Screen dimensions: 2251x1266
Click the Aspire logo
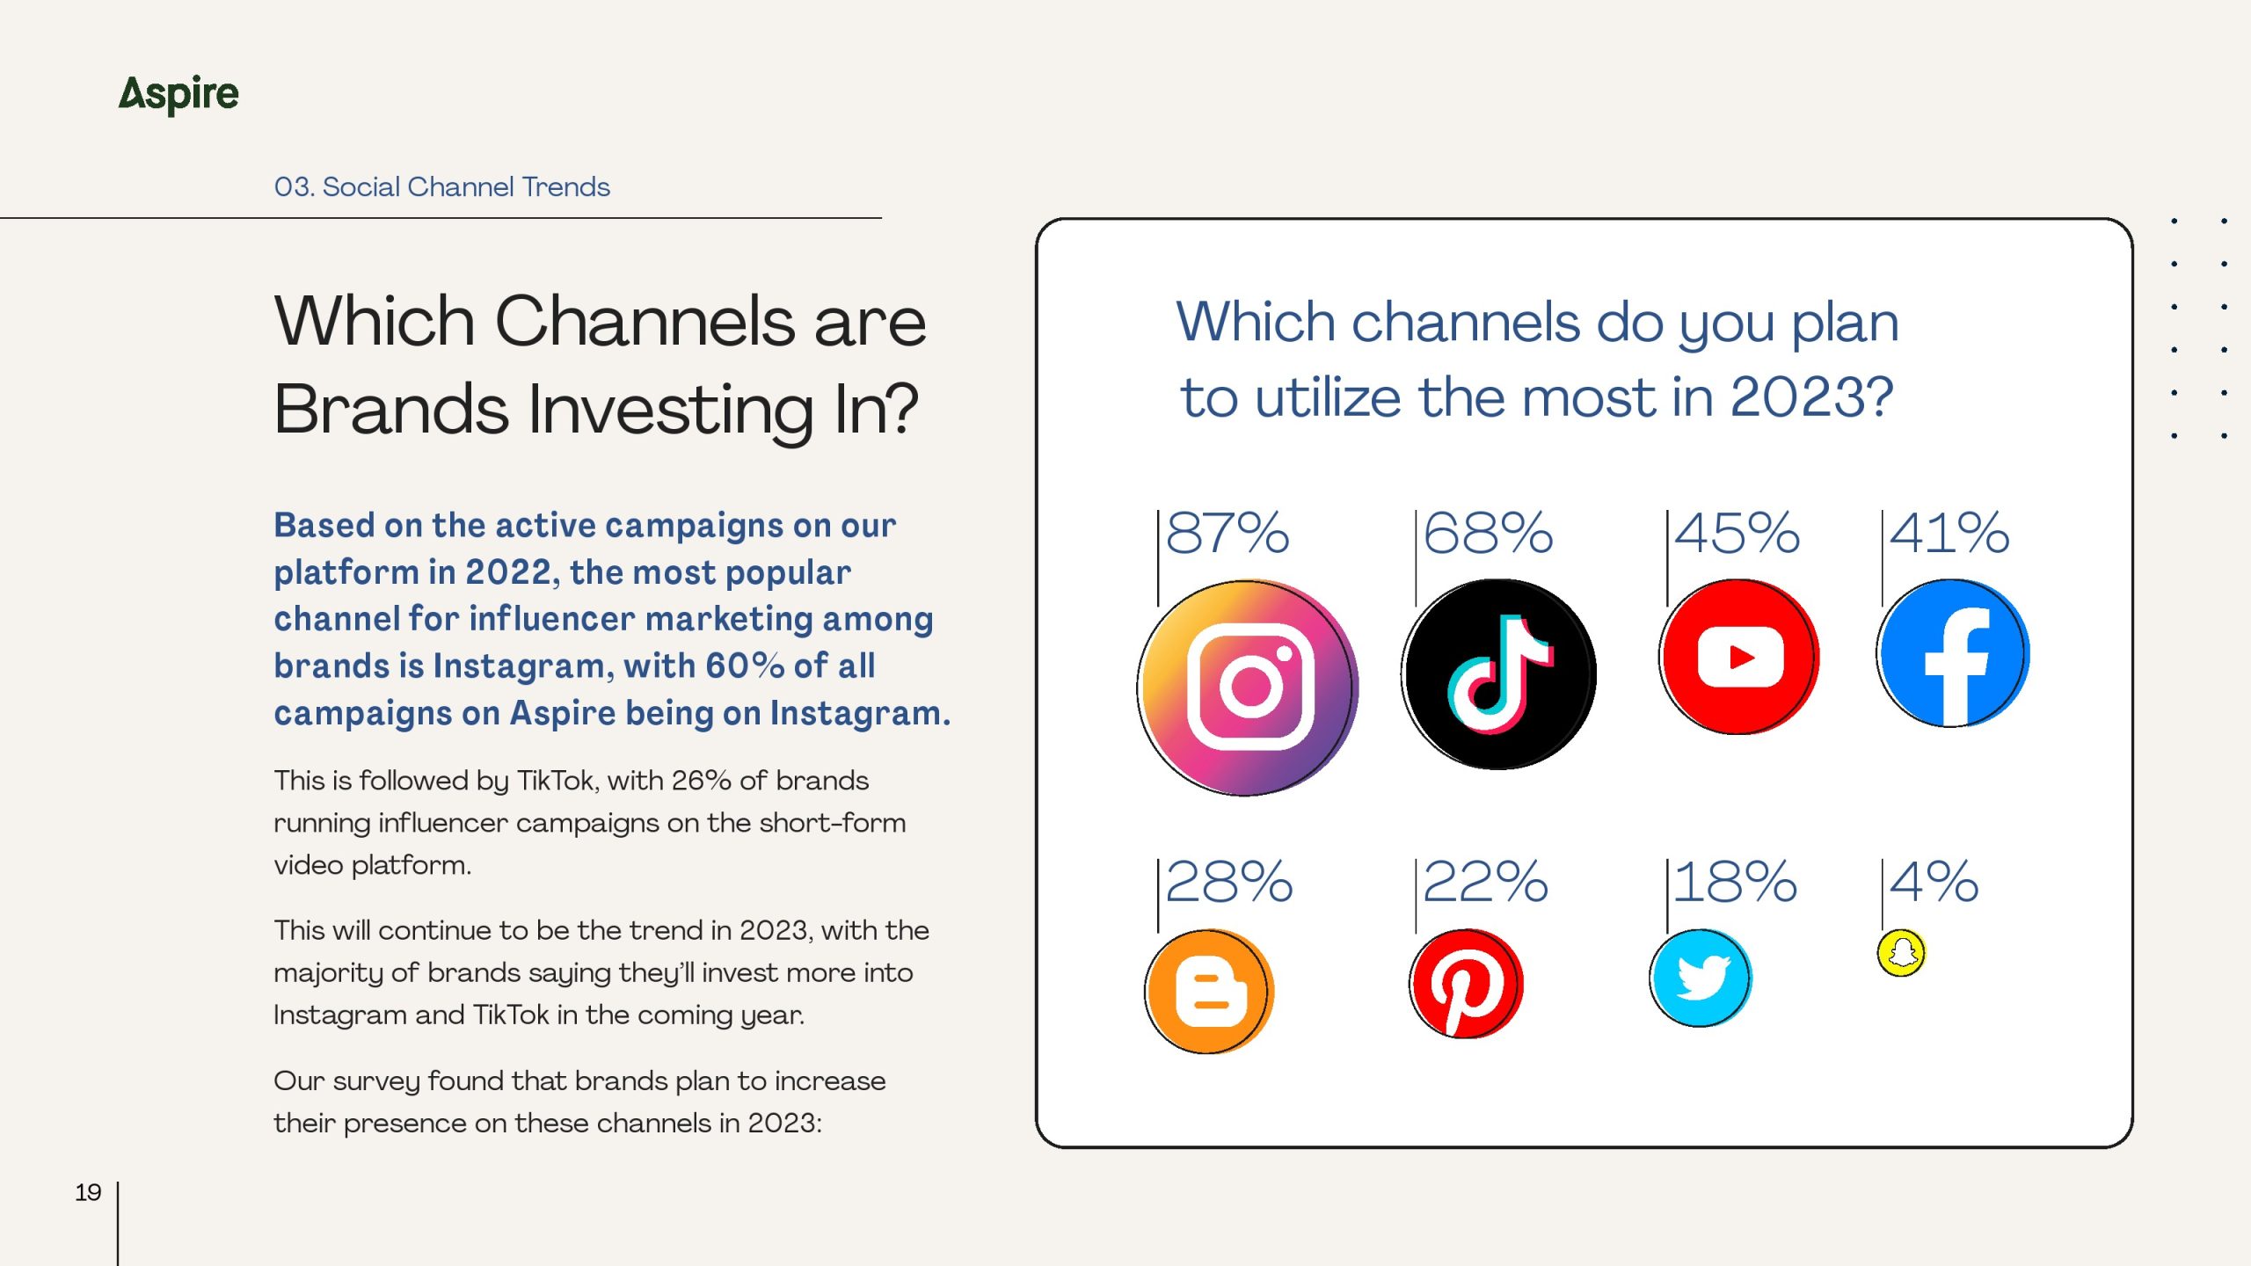pos(178,95)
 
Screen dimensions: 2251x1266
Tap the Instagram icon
pos(1248,688)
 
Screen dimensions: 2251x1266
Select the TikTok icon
pos(1499,674)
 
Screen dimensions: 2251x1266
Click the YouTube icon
pos(1739,657)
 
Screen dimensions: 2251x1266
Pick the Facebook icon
pos(1953,653)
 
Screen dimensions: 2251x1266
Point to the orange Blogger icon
pos(1209,992)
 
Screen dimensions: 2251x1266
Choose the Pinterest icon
pos(1466,984)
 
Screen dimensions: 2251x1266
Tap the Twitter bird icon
pos(1701,978)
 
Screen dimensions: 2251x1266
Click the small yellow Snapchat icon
pos(1901,953)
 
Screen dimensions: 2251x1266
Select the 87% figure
pos(1227,533)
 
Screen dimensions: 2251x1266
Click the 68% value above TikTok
pos(1488,533)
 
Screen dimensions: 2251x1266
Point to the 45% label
pos(1737,533)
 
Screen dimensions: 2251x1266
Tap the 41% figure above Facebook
pos(1949,533)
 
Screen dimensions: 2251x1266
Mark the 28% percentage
pos(1229,882)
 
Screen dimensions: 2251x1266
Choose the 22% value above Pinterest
pos(1485,882)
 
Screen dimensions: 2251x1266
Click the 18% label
pos(1735,882)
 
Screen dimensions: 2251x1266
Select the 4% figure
pos(1934,882)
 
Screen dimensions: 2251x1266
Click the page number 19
pos(88,1193)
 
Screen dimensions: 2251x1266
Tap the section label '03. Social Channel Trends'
pos(441,186)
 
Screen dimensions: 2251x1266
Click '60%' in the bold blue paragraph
pos(745,666)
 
